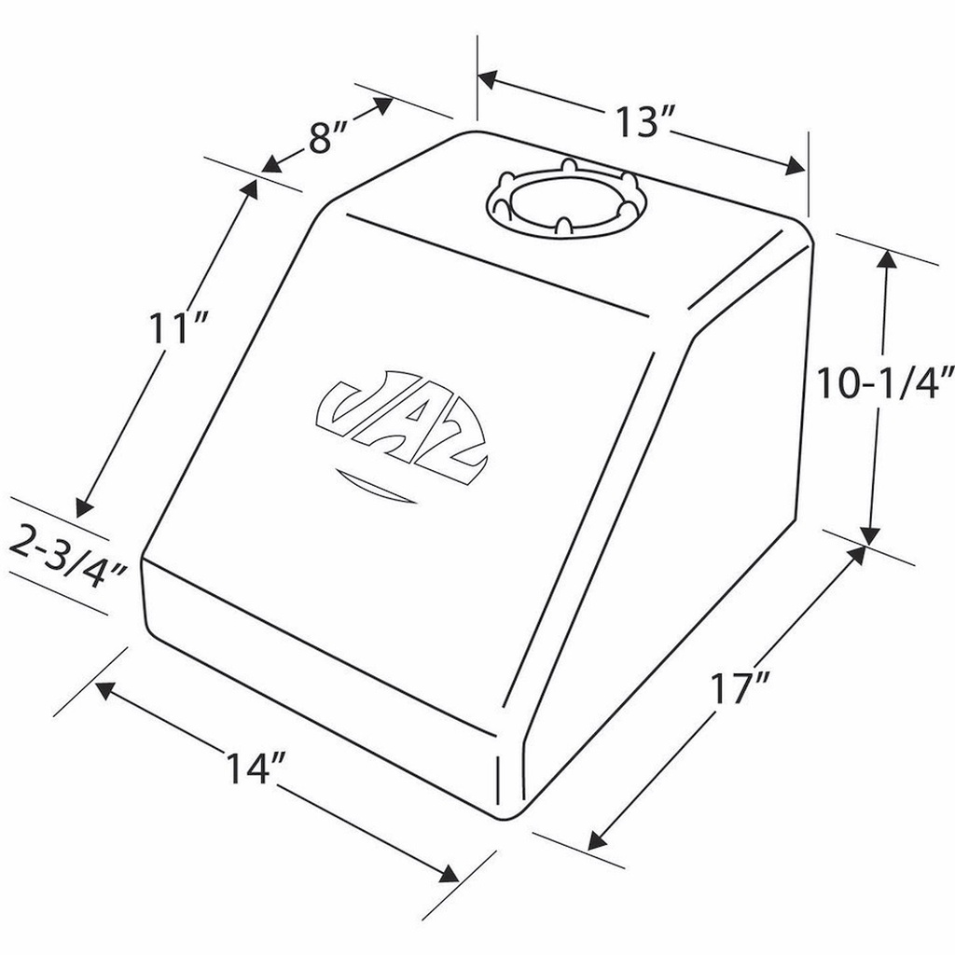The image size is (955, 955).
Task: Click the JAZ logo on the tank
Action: point(400,425)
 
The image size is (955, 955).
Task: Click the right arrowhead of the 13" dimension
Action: point(796,168)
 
